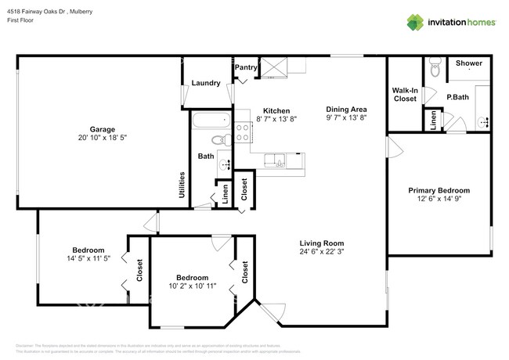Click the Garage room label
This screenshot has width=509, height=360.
point(102,129)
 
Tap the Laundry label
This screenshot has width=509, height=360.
point(205,83)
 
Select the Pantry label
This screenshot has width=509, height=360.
point(246,68)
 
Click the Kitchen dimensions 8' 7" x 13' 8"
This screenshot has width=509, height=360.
point(276,119)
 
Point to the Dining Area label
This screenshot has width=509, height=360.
point(347,110)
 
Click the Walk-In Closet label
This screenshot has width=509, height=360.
point(404,95)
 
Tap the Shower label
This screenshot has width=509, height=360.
point(469,63)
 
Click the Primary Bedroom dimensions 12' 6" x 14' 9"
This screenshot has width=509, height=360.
point(439,200)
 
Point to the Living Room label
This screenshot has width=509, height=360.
point(321,243)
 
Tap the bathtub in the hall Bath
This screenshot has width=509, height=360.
point(211,121)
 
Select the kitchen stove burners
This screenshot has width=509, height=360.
point(243,133)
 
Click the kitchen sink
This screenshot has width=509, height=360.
point(274,161)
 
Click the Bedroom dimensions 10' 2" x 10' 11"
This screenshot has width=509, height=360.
point(192,286)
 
